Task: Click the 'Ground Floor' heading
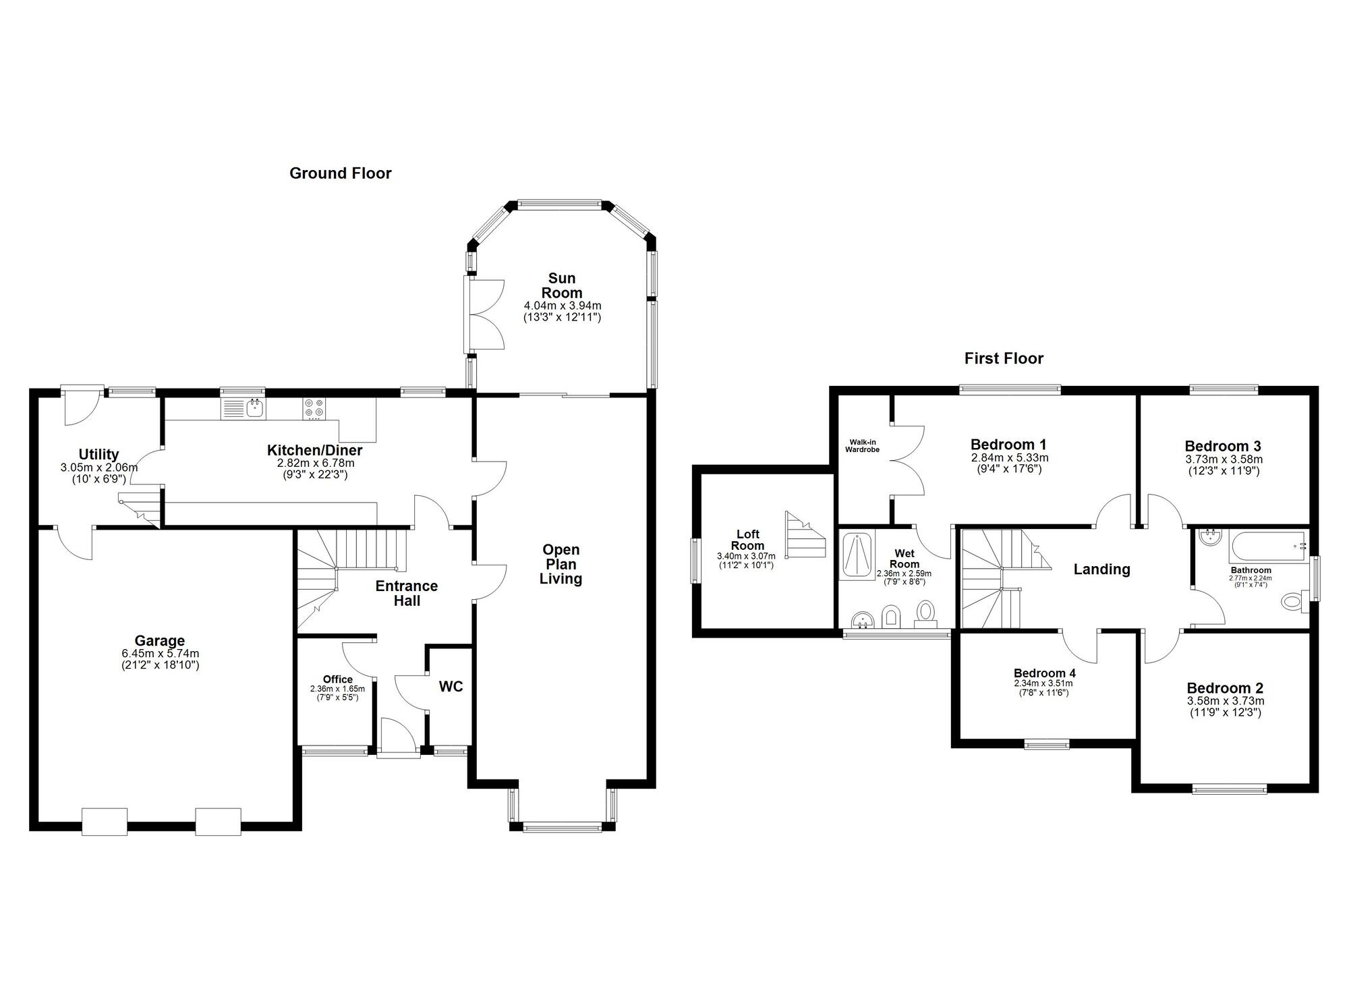pos(341,173)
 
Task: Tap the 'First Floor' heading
pos(1004,359)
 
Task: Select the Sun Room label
pos(562,285)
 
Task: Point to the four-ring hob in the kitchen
pos(314,409)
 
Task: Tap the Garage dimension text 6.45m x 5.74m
pos(160,654)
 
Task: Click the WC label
pos(451,687)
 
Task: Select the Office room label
pos(338,679)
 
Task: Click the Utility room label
pos(98,455)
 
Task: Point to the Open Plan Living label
pos(561,565)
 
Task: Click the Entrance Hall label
pos(407,593)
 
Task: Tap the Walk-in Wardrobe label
pos(863,446)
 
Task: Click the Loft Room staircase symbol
pos(805,534)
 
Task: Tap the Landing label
pos(1102,569)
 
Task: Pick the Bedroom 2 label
pos(1225,688)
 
